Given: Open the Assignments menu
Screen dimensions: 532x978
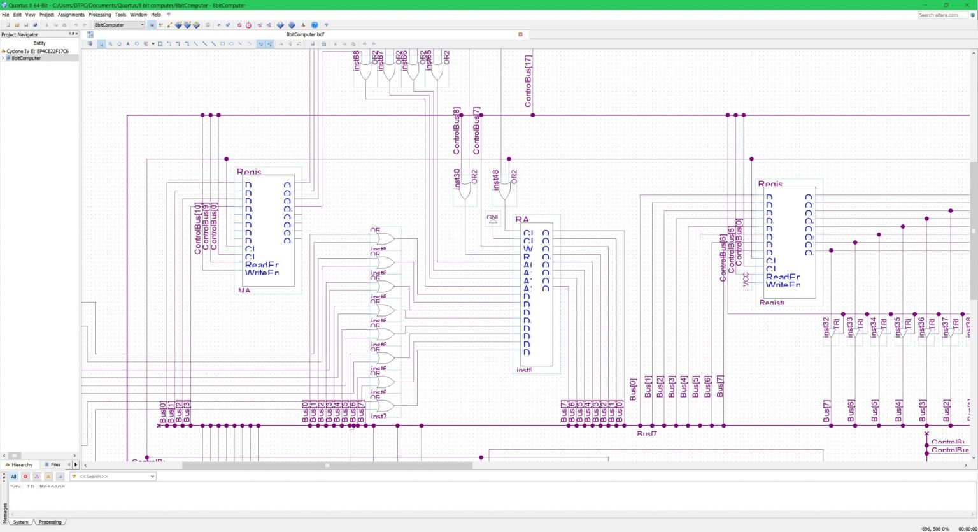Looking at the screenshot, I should [x=71, y=14].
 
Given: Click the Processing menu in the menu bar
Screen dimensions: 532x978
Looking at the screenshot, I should [x=99, y=14].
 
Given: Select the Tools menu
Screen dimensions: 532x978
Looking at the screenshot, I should [x=120, y=14].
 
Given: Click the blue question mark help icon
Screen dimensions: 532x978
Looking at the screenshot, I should [x=315, y=25].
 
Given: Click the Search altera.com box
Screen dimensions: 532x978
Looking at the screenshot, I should [x=942, y=15].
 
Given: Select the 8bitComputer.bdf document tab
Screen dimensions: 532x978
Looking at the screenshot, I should [x=305, y=34].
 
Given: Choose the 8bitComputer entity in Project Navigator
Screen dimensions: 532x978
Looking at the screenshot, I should [x=26, y=58].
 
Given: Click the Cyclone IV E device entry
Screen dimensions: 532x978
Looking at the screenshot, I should [x=38, y=51].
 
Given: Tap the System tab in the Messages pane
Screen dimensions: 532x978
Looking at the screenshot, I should [x=21, y=522].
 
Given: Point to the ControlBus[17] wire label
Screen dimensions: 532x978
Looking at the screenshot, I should [x=528, y=81].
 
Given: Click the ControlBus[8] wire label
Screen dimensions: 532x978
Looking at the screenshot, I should [x=457, y=131].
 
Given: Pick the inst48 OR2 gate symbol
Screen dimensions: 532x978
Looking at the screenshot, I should [x=506, y=189].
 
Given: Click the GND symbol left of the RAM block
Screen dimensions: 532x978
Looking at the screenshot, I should [x=492, y=219].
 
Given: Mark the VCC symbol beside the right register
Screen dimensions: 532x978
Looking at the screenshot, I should [x=746, y=280].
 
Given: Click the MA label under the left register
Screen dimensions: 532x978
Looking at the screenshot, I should [x=244, y=291].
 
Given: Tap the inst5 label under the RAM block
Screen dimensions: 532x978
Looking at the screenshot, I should [x=524, y=370].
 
